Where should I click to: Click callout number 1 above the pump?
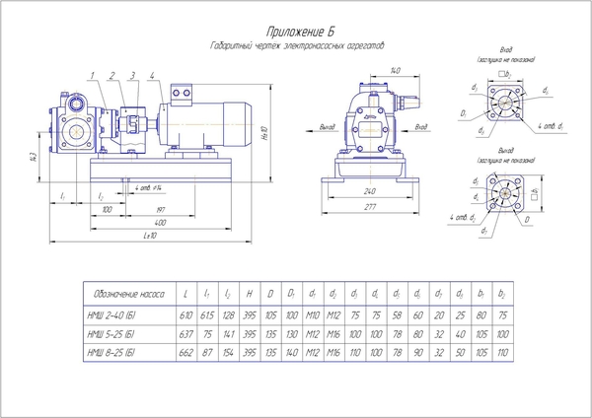92,75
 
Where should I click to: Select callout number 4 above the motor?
153,75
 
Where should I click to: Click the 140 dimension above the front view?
394,71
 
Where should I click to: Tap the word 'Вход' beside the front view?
421,127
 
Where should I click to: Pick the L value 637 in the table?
185,331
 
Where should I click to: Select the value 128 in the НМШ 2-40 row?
228,313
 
